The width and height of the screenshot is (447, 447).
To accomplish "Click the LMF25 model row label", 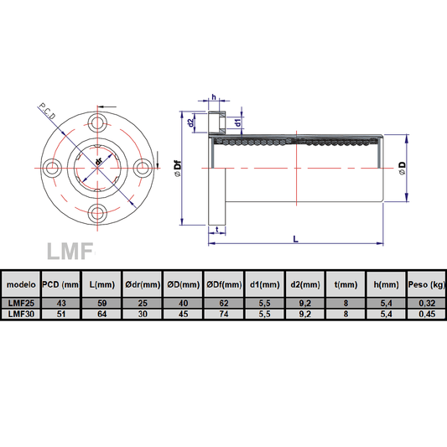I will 20,303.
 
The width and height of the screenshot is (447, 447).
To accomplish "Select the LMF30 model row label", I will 20,314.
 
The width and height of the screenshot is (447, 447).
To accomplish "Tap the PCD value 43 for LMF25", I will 60,303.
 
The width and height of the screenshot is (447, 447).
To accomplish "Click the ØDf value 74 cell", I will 222,314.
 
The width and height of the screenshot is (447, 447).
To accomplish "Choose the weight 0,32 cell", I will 425,303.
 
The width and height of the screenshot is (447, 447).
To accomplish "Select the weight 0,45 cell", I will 425,314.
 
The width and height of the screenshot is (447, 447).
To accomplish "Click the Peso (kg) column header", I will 425,283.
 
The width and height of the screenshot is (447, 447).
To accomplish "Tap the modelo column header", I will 20,283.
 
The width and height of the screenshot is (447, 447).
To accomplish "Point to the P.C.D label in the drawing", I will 52,111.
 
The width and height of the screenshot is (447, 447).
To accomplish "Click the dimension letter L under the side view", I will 295,239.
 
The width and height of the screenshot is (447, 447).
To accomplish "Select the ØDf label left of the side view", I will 178,170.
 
